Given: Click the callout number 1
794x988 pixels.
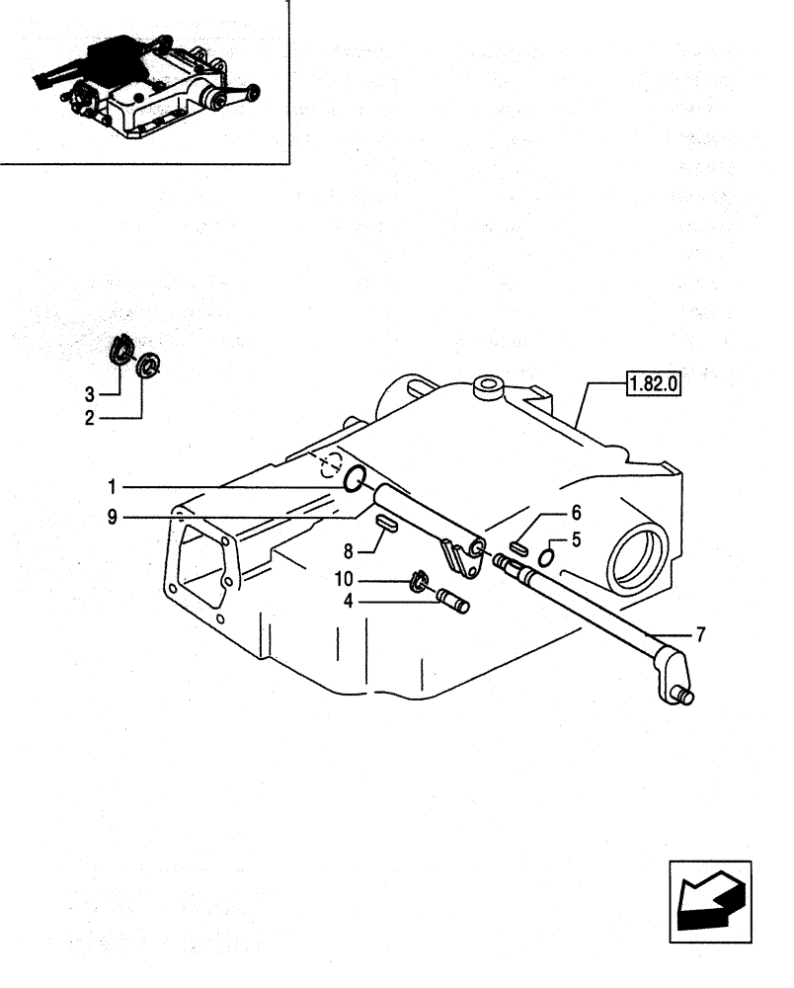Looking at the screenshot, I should pos(114,486).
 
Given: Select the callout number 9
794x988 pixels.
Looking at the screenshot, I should pos(114,516).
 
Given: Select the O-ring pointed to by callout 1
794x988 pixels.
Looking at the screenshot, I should pos(357,481).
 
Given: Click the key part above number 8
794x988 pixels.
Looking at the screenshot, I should pos(385,524).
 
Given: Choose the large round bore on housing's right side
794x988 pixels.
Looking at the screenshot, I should pos(638,559).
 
